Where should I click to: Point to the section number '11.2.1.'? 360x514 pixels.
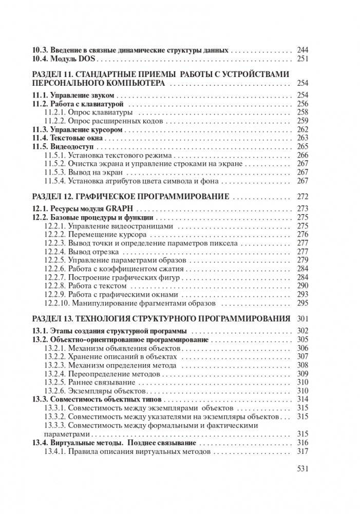coord(55,112)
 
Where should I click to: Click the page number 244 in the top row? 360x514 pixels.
coord(302,50)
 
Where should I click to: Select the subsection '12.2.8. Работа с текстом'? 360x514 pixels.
coord(85,285)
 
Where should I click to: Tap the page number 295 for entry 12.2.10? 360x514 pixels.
coord(302,303)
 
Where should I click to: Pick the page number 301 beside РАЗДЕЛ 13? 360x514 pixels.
coord(302,318)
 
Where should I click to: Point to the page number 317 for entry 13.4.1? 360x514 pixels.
coord(302,452)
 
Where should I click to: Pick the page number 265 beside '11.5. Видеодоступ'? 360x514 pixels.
coord(302,146)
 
